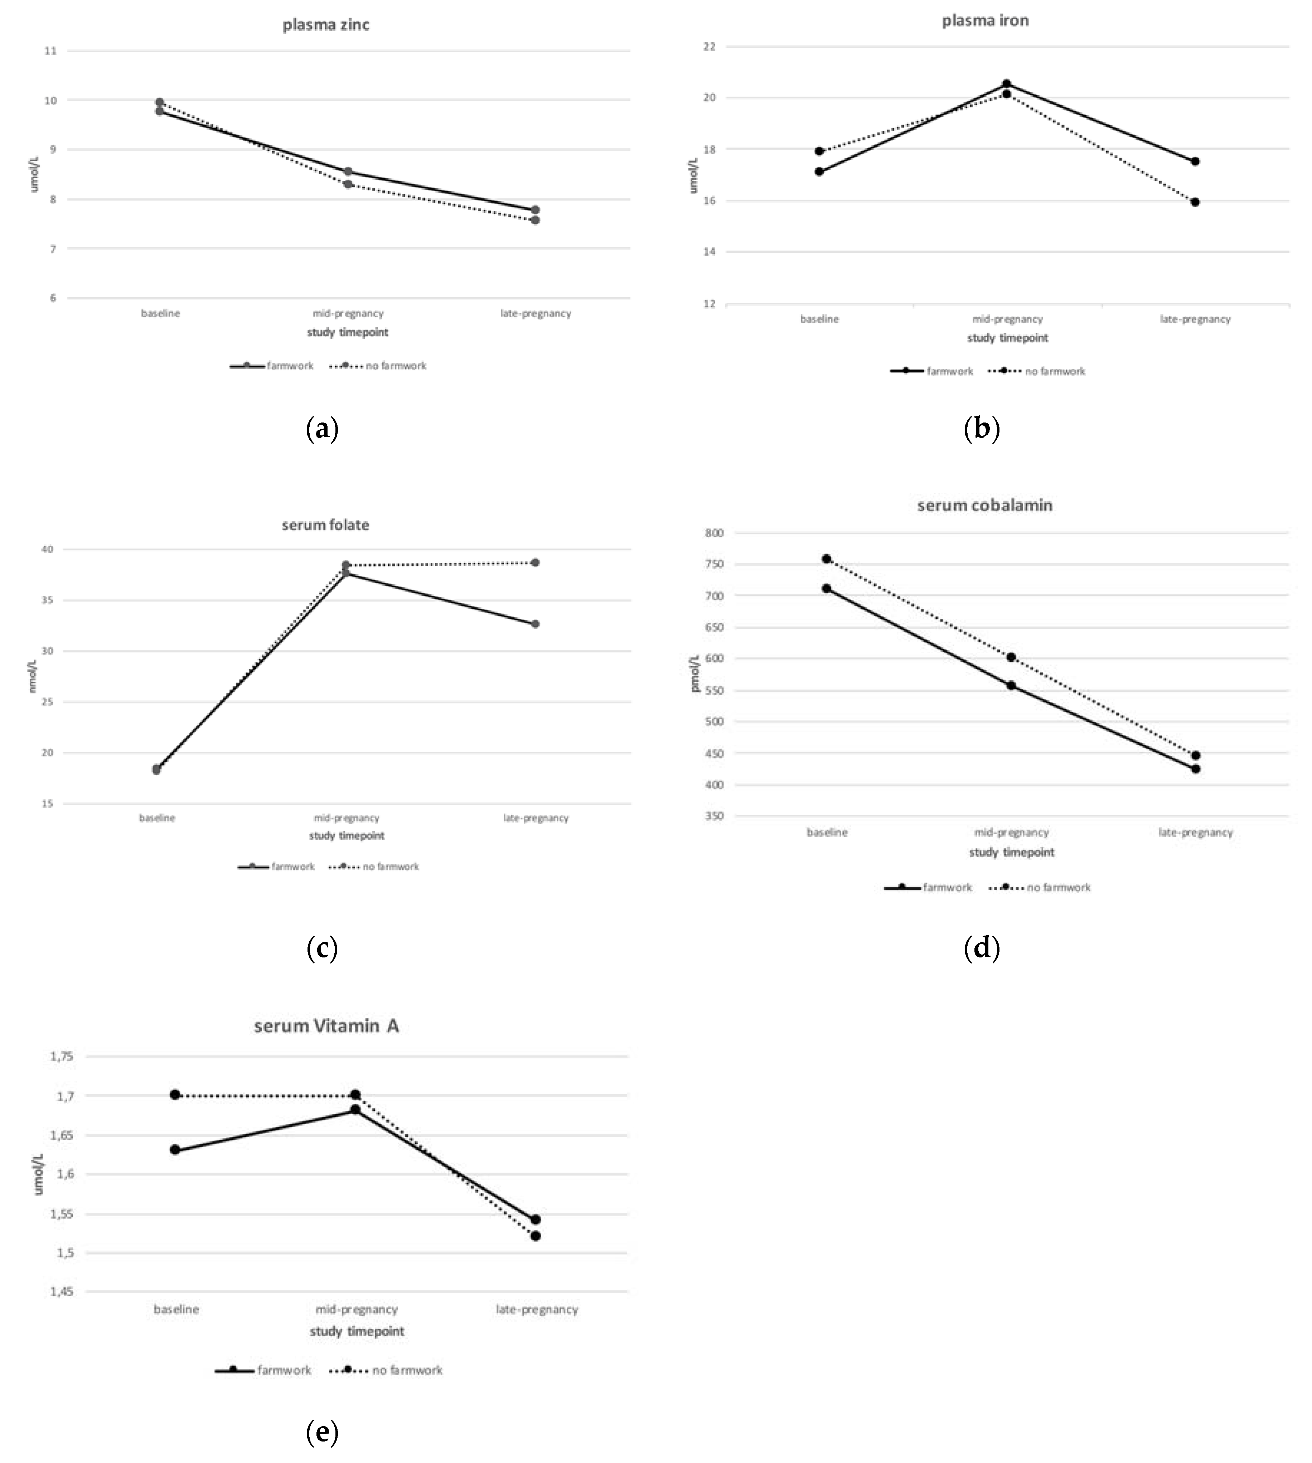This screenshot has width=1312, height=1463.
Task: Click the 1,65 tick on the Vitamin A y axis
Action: pyautogui.click(x=61, y=1135)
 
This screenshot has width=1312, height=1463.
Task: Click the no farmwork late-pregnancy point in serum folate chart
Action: pyautogui.click(x=535, y=562)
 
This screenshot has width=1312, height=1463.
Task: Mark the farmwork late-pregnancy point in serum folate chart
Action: pyautogui.click(x=535, y=624)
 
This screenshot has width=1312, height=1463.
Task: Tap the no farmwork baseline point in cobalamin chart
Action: pyautogui.click(x=827, y=559)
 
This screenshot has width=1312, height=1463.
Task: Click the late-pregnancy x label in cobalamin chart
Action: pyautogui.click(x=1195, y=832)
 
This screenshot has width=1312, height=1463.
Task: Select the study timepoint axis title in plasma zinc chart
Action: pyautogui.click(x=348, y=332)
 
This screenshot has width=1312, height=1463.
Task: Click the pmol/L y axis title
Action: pyautogui.click(x=696, y=673)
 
